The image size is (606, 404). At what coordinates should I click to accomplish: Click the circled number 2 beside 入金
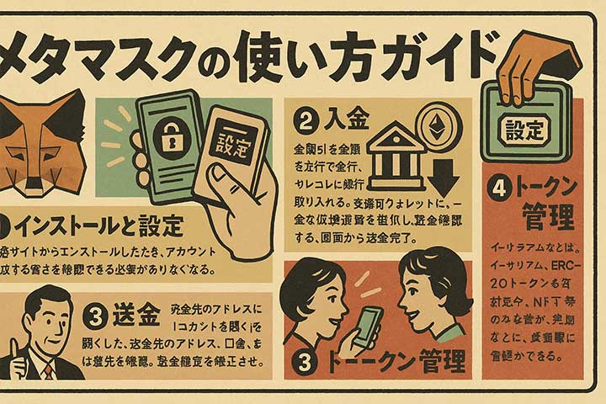[x=305, y=120]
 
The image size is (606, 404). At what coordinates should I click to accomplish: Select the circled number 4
[x=502, y=188]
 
